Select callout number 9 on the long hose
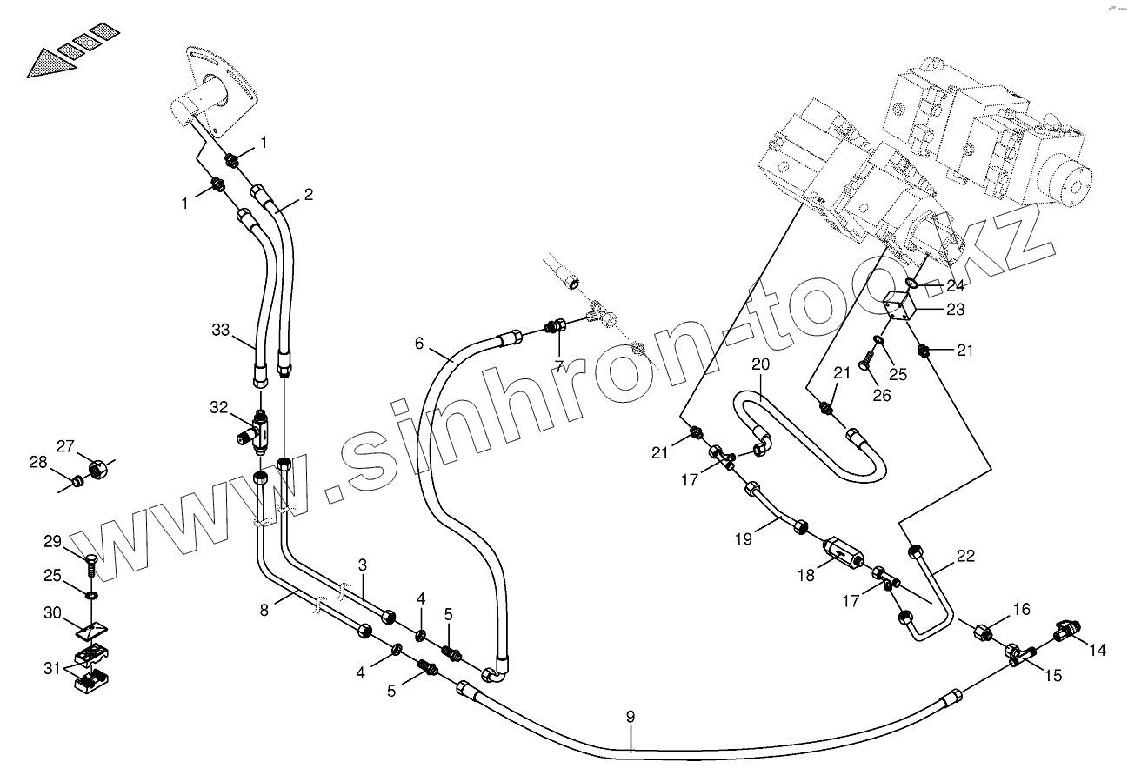point(631,717)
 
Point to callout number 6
point(420,344)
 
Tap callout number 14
point(1098,649)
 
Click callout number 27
point(67,447)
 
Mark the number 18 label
point(807,575)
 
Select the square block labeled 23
point(901,307)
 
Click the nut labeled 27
point(97,469)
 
